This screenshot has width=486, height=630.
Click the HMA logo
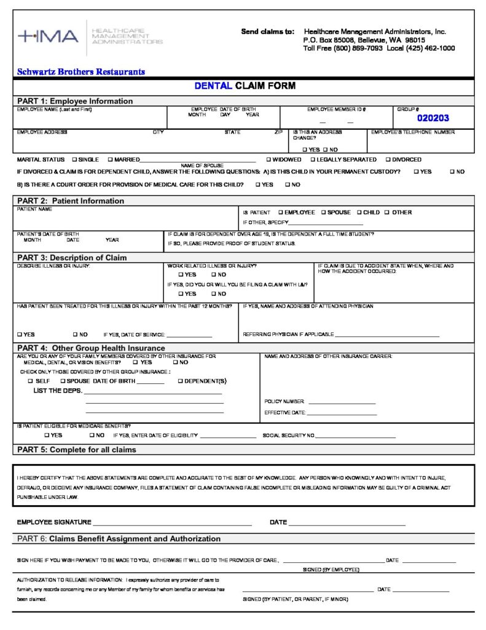tap(48, 36)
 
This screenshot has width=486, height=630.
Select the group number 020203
tap(433, 118)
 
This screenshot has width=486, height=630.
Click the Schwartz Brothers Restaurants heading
tap(81, 72)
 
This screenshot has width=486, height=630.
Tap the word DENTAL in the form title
tap(213, 86)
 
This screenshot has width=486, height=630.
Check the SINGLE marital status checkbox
tap(74, 159)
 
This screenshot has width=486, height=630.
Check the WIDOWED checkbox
tap(268, 159)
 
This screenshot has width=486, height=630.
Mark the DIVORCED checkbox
tap(388, 159)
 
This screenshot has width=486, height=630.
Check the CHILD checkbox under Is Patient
tap(359, 212)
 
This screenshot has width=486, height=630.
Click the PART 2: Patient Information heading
tap(71, 201)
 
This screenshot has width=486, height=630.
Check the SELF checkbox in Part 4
tap(29, 381)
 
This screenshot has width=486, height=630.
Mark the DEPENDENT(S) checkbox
tap(180, 381)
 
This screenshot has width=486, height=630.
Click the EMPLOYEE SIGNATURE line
tap(172, 525)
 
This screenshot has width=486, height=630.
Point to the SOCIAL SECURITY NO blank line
tap(355, 437)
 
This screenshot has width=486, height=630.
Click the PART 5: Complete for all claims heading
tap(77, 450)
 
